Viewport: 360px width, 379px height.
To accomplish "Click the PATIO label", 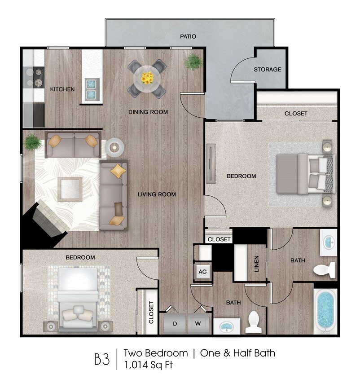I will coord(188,36).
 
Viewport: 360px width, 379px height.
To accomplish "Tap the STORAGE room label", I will coord(268,69).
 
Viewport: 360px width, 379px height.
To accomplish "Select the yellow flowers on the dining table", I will coord(147,78).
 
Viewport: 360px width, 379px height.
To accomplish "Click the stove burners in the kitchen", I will coord(34,77).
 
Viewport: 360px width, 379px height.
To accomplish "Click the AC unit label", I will coord(202,272).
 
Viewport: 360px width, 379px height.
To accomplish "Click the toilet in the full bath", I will coord(325,270).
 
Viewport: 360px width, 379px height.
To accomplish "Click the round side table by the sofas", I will coord(114,147).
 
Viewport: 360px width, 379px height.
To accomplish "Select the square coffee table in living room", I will coord(70,189).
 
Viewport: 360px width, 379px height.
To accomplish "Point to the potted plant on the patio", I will coord(193,62).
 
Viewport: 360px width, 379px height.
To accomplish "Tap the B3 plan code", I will coord(101,359).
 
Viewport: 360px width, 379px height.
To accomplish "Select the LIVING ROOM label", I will coord(156,194).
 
